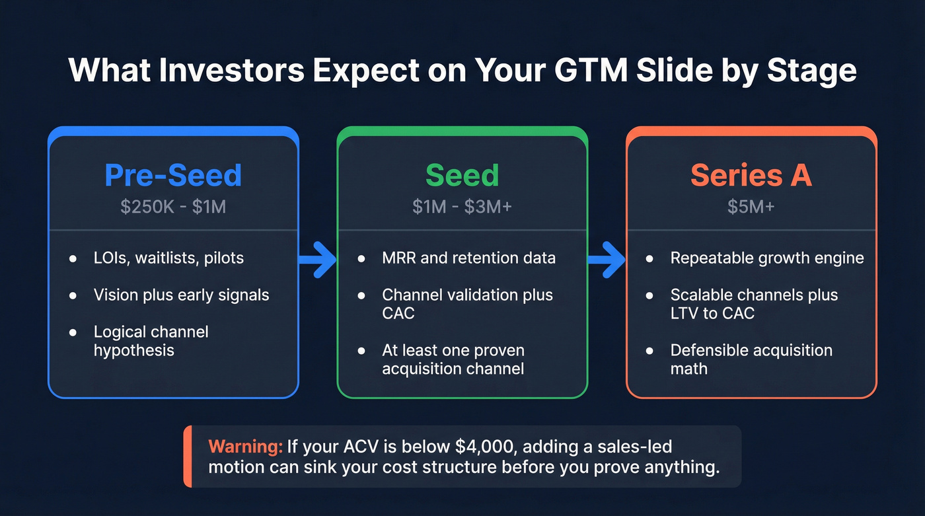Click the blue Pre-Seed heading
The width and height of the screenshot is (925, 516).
[173, 175]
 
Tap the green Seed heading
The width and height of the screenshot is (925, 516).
[462, 175]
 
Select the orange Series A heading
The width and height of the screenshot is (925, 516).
[751, 175]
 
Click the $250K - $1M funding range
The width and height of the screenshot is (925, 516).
[173, 207]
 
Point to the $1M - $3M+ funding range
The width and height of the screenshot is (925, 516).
[462, 207]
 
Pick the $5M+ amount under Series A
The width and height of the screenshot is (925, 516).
[751, 207]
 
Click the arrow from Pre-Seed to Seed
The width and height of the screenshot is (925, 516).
[318, 258]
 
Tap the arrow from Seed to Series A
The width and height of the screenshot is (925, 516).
[607, 258]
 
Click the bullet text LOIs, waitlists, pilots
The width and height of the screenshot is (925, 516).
[168, 258]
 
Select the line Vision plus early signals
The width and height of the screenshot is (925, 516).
[181, 295]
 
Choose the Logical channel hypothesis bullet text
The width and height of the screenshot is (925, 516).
[151, 340]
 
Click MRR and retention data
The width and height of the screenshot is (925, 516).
[468, 258]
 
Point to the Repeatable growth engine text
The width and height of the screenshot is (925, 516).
[766, 258]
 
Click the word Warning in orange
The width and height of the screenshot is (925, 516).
[245, 447]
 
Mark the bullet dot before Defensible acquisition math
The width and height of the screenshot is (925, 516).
[650, 351]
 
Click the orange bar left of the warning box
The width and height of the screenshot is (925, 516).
[188, 457]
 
